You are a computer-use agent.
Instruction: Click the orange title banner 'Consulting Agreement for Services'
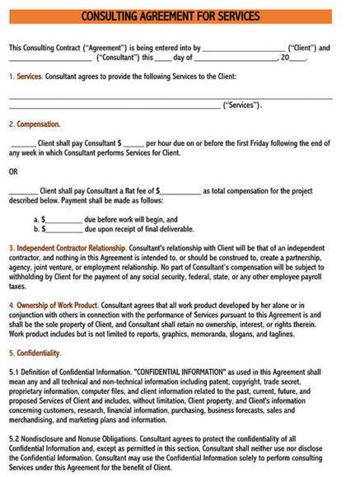[180, 16]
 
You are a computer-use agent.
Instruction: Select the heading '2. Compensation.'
[35, 124]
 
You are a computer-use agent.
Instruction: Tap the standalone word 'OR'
[13, 172]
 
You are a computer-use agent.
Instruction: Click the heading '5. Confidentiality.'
[35, 353]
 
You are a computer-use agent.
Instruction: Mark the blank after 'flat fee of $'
[180, 191]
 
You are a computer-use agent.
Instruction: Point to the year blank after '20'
[297, 58]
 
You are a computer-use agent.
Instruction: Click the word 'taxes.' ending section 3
[18, 287]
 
